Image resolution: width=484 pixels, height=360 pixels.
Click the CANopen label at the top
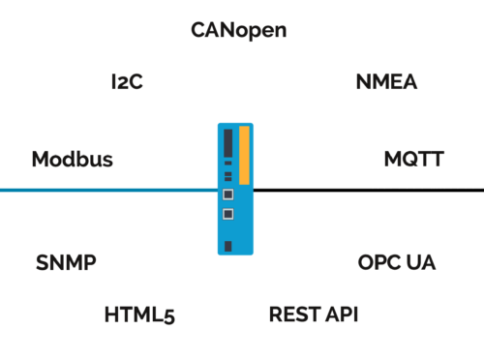(x=238, y=30)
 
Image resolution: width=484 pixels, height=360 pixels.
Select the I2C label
(x=127, y=82)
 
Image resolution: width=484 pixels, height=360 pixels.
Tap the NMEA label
(x=386, y=82)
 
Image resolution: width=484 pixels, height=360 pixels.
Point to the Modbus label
(x=72, y=159)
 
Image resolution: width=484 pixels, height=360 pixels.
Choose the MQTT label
(x=413, y=159)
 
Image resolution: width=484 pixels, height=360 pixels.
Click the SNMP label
(x=66, y=263)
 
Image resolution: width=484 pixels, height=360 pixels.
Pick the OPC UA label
(x=397, y=263)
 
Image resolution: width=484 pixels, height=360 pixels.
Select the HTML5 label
(x=139, y=315)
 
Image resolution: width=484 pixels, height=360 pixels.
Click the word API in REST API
(x=339, y=315)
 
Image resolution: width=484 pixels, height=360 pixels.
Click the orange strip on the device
(x=244, y=155)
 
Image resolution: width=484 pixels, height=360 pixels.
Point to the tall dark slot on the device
(x=227, y=143)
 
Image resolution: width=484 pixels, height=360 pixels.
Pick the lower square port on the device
(x=227, y=214)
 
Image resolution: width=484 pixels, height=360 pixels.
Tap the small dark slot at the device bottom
(x=227, y=245)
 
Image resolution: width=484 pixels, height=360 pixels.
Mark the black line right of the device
(x=368, y=191)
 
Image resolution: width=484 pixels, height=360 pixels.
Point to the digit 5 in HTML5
(x=168, y=315)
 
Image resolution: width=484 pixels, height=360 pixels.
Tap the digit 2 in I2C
(x=126, y=82)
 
